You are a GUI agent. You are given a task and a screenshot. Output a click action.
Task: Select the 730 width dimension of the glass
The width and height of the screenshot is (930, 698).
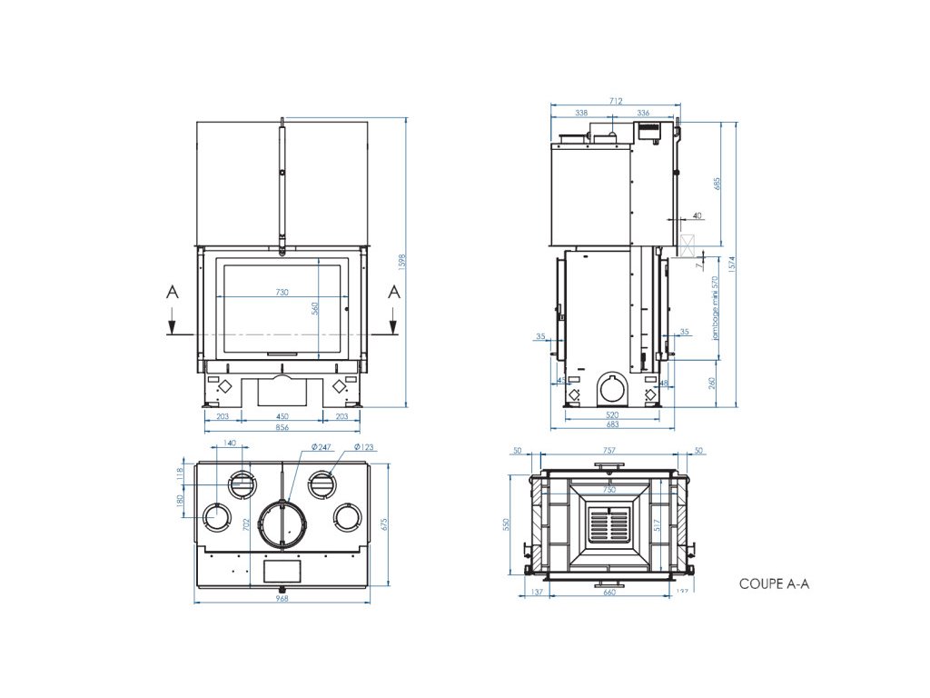pyautogui.click(x=282, y=292)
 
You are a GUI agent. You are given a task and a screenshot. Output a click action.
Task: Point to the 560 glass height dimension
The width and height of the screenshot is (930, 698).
pyautogui.click(x=315, y=308)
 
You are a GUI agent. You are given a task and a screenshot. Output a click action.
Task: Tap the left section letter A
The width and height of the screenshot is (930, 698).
pyautogui.click(x=173, y=292)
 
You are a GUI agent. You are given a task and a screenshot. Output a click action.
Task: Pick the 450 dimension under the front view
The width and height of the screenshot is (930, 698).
pyautogui.click(x=282, y=416)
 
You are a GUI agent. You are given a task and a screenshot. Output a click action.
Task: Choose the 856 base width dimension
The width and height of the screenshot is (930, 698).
pyautogui.click(x=282, y=427)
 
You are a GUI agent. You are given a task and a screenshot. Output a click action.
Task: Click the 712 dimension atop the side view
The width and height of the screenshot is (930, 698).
pyautogui.click(x=616, y=101)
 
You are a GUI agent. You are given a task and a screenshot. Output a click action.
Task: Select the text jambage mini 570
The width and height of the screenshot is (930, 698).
pyautogui.click(x=715, y=308)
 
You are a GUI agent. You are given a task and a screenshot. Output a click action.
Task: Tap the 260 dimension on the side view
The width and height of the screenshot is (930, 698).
pyautogui.click(x=711, y=384)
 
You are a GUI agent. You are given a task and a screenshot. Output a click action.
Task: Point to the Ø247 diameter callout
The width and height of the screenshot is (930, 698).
pyautogui.click(x=321, y=447)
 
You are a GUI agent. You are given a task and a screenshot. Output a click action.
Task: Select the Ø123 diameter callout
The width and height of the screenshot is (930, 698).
pyautogui.click(x=362, y=447)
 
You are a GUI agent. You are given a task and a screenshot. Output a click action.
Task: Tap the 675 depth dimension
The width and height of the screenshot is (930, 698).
pyautogui.click(x=384, y=524)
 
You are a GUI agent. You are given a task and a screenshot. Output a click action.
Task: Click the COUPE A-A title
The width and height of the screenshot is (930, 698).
pyautogui.click(x=774, y=583)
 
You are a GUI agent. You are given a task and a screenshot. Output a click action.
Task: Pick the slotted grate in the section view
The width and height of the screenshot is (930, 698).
pyautogui.click(x=609, y=524)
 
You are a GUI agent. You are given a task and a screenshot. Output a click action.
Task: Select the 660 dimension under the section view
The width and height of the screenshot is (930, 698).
pyautogui.click(x=609, y=592)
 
